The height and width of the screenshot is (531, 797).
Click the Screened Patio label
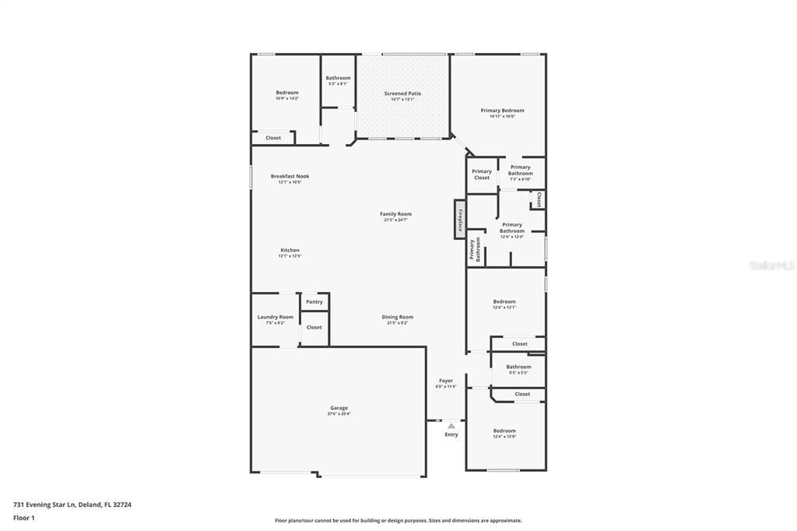[x=402, y=93]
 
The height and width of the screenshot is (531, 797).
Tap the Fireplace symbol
[x=460, y=220]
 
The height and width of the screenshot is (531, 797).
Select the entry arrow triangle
[x=451, y=425]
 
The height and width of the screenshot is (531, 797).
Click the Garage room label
[x=339, y=408]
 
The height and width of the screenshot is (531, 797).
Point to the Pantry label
[x=314, y=302]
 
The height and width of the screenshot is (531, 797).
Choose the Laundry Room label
[x=276, y=317]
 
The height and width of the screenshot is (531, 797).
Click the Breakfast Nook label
[x=290, y=176]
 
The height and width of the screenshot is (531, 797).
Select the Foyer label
[x=445, y=381]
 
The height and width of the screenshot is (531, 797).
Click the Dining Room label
[x=397, y=317]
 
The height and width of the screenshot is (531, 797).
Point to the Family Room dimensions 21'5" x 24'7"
[x=395, y=220]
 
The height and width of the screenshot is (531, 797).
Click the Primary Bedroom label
[x=502, y=111]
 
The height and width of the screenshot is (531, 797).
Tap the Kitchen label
[x=290, y=250]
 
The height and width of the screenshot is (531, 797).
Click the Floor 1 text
[x=24, y=518]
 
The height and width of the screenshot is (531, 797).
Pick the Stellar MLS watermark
[x=771, y=265]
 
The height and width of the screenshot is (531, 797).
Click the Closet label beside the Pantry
[x=314, y=327]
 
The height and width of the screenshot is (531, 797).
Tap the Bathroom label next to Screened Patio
[x=338, y=78]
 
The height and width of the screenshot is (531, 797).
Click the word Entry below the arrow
[x=451, y=434]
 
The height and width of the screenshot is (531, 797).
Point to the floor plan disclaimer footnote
[x=398, y=521]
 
